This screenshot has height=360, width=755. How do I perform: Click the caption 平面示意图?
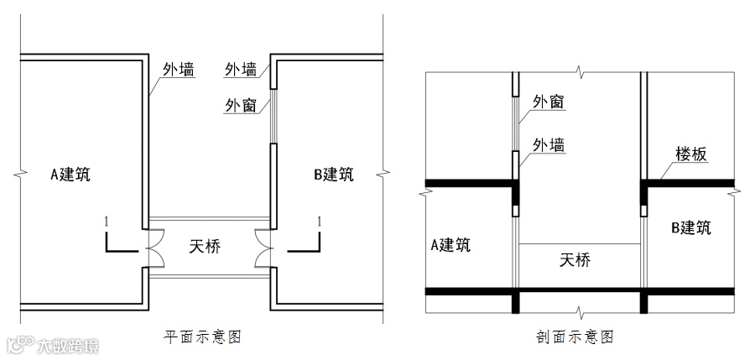203,337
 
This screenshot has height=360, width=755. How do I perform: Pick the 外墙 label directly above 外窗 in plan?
241,70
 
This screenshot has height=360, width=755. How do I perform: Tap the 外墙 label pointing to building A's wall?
177,70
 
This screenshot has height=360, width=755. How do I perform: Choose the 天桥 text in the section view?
575,260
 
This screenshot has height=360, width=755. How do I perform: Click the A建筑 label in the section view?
450,244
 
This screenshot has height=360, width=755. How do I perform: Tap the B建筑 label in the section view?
691,227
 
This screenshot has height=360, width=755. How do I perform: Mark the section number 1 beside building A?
106,221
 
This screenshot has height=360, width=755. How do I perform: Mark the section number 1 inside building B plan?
319,221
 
